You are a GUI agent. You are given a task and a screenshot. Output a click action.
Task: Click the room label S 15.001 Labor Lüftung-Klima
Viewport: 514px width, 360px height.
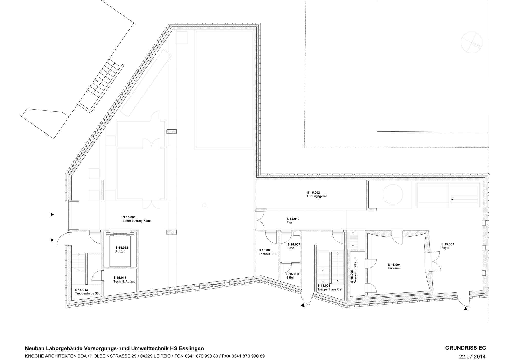click(137, 219)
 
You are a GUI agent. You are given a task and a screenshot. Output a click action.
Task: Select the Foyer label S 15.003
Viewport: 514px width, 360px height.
click(447, 246)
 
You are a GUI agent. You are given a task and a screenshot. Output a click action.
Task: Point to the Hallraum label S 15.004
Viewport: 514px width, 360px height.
click(394, 266)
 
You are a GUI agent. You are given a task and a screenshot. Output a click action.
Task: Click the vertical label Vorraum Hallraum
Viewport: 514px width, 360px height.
click(354, 270)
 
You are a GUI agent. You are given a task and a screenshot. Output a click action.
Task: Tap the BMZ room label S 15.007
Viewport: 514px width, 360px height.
click(293, 246)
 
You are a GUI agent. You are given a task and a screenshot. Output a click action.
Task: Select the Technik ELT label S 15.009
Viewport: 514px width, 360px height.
click(267, 252)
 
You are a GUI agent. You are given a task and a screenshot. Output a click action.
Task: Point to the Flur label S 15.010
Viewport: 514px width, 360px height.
click(293, 221)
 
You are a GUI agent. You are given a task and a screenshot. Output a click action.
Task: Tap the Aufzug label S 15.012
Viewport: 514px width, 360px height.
click(122, 249)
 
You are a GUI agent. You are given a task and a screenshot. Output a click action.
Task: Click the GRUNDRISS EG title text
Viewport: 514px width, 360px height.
click(465, 348)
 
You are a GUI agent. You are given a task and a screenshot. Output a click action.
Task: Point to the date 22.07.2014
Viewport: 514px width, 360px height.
click(472, 357)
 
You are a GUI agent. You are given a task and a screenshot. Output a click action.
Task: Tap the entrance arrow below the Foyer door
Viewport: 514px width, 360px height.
click(465, 309)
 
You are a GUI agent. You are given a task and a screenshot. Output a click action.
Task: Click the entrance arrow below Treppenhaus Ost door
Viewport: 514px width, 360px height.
click(303, 305)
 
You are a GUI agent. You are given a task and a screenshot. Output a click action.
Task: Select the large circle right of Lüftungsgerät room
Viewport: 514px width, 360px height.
click(393, 194)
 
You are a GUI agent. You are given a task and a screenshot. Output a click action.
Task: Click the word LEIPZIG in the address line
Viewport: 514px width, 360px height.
click(161, 356)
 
